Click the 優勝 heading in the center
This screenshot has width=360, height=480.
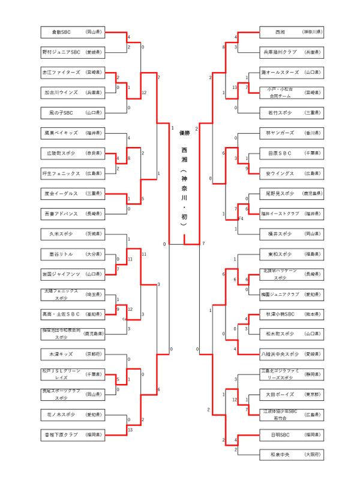click(184, 133)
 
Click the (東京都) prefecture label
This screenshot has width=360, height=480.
click(312, 395)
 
